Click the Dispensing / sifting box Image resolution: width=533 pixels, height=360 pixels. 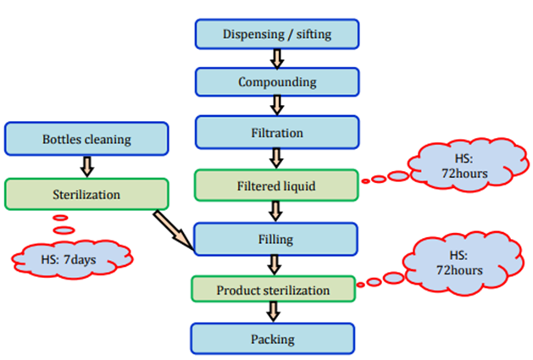[277, 34]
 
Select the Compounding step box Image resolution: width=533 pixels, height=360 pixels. [277, 82]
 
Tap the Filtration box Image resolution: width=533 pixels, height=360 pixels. [277, 133]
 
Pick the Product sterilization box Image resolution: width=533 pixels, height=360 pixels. [273, 290]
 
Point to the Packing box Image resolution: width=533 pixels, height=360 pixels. [273, 339]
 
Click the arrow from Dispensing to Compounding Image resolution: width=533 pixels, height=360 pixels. [275, 58]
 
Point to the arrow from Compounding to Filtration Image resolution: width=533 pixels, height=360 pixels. [275, 107]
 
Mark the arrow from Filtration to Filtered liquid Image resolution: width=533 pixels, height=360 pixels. [275, 158]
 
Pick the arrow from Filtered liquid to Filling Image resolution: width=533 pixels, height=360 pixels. [275, 211]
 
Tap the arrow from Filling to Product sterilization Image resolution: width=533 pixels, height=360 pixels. [273, 265]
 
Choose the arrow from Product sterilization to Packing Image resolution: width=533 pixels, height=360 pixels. [273, 313]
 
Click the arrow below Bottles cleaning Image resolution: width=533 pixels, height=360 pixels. [85, 165]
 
